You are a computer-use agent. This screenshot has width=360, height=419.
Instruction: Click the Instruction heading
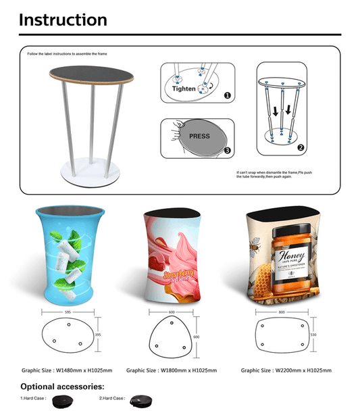pyautogui.click(x=63, y=20)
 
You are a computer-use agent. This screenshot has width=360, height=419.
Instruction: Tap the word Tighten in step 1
pyautogui.click(x=184, y=89)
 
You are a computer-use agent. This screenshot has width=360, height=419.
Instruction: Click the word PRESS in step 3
pyautogui.click(x=199, y=136)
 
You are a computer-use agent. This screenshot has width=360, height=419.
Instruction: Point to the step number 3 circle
pyautogui.click(x=228, y=150)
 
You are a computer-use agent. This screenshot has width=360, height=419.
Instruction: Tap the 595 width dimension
pyautogui.click(x=69, y=312)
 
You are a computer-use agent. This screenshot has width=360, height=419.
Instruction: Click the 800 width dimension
pyautogui.click(x=282, y=312)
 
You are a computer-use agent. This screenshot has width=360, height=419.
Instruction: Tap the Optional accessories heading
pyautogui.click(x=62, y=387)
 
